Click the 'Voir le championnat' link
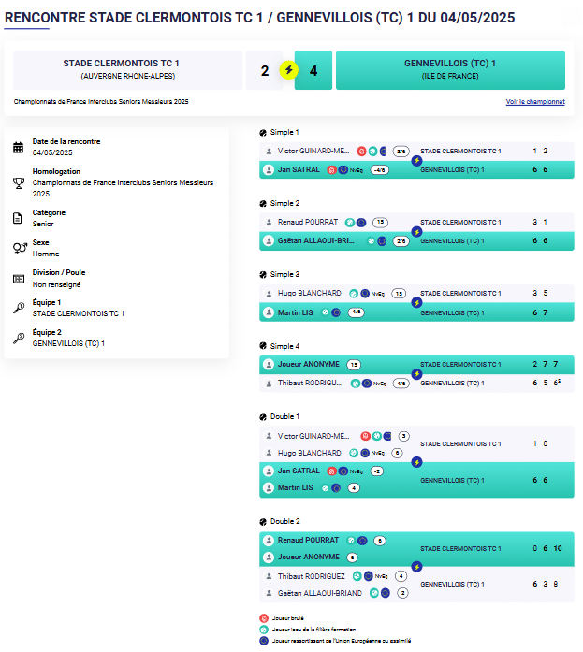(535, 101)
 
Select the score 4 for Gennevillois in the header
(313, 70)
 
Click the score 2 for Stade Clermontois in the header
(265, 70)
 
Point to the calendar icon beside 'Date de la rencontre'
(19, 147)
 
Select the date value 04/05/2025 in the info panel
(52, 152)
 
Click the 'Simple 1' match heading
(284, 132)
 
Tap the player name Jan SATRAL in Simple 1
(299, 170)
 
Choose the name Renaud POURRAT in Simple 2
(308, 222)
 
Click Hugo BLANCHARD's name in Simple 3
(309, 293)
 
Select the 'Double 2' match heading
(284, 521)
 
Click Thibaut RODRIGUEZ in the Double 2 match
(311, 576)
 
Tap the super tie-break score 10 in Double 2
(558, 548)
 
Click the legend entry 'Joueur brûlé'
(289, 617)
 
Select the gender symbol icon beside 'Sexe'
(19, 248)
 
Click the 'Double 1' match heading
(284, 416)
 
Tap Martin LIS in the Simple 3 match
(295, 312)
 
